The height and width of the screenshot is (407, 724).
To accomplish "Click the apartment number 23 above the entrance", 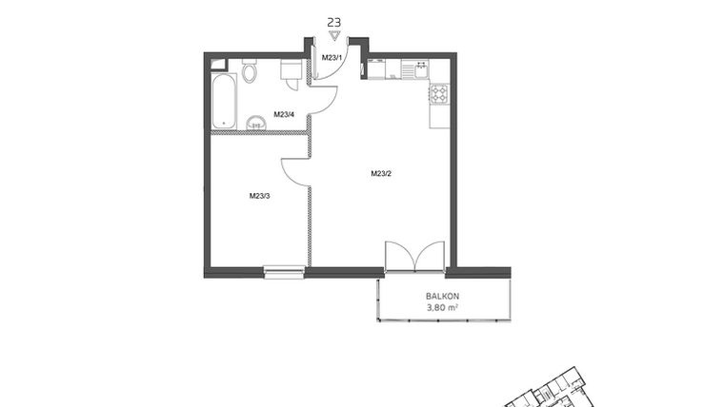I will coord(333,20).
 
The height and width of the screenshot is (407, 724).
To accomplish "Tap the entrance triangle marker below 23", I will coord(333,34).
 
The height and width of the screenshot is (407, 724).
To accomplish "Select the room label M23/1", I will coord(331,58).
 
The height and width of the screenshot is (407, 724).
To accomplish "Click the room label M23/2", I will coord(382,173).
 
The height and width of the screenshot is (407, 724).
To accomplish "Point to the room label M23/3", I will coord(259,196).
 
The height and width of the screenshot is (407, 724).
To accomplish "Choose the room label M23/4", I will coord(284,115).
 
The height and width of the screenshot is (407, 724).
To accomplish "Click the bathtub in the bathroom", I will coord(224,101).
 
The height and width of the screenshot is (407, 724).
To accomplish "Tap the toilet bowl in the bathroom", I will coord(250,71).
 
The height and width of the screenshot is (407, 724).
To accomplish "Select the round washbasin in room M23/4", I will coord(256,122).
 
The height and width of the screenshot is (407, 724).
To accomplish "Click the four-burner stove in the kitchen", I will coord(439,93).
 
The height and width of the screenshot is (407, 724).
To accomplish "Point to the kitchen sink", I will coord(415,67).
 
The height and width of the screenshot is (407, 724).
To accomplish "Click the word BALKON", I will coord(442,296).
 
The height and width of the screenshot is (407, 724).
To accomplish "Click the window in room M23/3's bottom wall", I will coord(285,273).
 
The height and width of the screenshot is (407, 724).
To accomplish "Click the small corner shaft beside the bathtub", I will coord(218,65).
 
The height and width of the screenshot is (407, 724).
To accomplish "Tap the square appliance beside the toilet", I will coord(291,70).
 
